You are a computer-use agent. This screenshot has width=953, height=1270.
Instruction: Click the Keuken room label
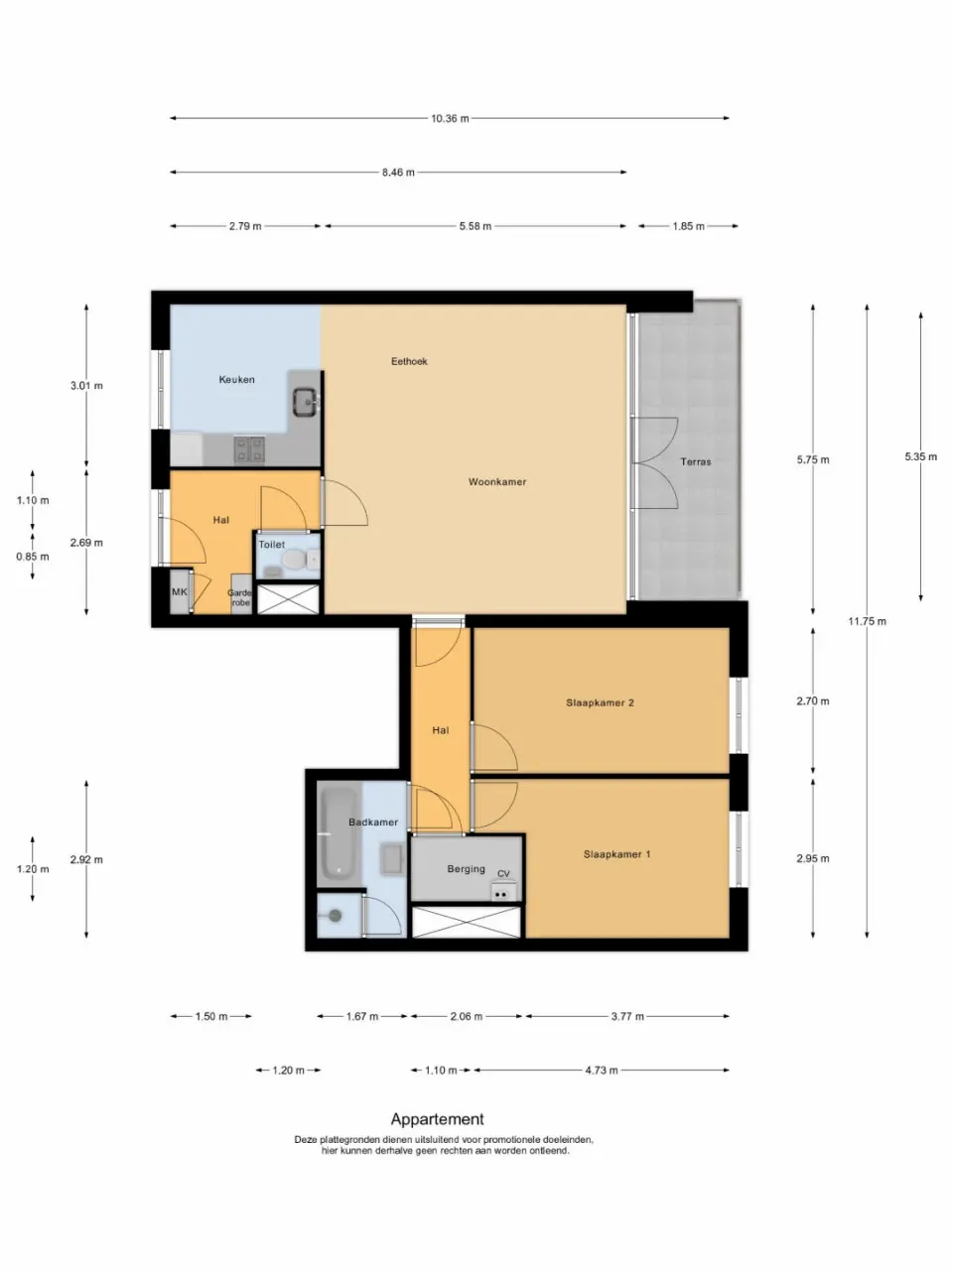click(236, 379)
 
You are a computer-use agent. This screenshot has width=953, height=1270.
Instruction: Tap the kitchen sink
click(305, 402)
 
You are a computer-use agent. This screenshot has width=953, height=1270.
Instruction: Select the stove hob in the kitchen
click(249, 449)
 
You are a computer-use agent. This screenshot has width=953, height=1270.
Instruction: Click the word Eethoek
click(409, 361)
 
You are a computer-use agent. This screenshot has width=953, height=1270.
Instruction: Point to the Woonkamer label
click(497, 482)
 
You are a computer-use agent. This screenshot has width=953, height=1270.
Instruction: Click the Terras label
click(695, 461)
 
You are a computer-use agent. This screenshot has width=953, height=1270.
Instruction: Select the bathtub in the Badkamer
click(339, 834)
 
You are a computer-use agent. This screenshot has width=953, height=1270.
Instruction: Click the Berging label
click(466, 869)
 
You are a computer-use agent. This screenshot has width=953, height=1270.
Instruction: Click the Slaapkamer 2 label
click(600, 702)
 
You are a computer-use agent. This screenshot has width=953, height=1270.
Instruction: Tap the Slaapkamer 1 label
click(616, 854)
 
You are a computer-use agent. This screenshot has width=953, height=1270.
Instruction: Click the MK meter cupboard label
click(180, 592)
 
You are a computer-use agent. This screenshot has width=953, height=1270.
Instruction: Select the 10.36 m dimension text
click(450, 118)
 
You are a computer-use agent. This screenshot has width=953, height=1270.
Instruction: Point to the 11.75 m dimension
click(867, 621)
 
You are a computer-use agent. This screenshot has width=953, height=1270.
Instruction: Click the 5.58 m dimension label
click(475, 226)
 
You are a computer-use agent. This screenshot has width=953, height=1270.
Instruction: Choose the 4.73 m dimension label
click(602, 1071)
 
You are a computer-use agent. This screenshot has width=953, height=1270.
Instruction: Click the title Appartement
click(437, 1119)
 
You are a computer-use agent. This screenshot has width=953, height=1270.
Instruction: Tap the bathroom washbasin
click(391, 859)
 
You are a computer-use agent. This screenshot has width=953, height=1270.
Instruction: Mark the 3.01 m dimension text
click(86, 385)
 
